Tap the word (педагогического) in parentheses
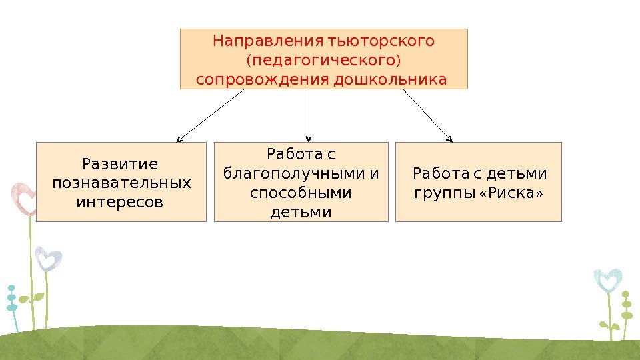click(x=323, y=61)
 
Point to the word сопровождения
click(x=262, y=81)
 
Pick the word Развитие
click(x=120, y=164)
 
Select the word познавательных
click(x=121, y=183)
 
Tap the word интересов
click(x=120, y=201)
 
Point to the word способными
click(x=301, y=193)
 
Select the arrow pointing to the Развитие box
click(x=211, y=115)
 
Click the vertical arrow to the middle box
click(x=309, y=115)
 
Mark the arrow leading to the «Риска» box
click(x=428, y=115)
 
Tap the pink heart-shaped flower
click(x=25, y=198)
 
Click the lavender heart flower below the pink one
click(x=48, y=259)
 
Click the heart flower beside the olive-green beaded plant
click(x=607, y=280)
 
